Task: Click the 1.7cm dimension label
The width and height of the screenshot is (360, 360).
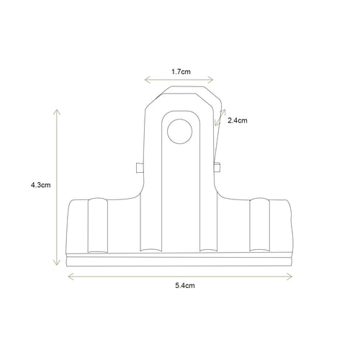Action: point(181,72)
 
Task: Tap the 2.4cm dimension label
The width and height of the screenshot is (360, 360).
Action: point(237,121)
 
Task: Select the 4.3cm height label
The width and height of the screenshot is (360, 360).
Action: point(40,185)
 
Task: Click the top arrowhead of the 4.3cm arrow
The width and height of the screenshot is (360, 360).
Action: point(57,109)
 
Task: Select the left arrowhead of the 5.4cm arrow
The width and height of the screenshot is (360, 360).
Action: point(68,275)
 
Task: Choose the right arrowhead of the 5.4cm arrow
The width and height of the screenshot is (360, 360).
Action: point(292,275)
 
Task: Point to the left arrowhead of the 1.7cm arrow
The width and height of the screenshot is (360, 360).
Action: point(146,81)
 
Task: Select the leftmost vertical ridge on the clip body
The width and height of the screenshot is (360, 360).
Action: point(96,225)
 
